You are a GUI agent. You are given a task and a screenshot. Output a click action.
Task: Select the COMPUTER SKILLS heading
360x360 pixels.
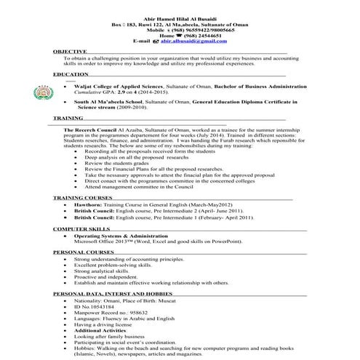tap(81, 228)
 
